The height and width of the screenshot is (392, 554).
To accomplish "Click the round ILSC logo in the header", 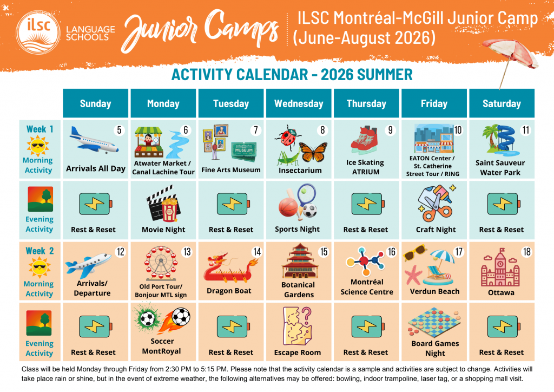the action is (38, 32).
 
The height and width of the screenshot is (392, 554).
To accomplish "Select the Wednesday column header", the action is (299, 103).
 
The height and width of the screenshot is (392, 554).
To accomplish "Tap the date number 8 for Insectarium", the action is (322, 130).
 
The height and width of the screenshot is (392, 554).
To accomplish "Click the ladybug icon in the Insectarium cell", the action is (288, 136).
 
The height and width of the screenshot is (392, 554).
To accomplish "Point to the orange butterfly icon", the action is (313, 152).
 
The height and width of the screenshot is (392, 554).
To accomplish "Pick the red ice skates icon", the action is (364, 140).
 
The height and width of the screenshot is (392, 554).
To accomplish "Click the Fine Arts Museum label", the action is (230, 169).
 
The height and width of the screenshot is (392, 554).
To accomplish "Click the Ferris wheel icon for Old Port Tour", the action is (161, 263).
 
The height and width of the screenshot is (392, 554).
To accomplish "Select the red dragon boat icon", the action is (229, 269).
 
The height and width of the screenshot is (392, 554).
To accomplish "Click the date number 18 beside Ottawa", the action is (526, 252).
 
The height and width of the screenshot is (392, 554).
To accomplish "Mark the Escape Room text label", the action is (298, 352).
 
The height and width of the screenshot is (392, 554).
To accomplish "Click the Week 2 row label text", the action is (39, 251).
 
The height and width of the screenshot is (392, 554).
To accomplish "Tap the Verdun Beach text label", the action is (434, 291).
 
